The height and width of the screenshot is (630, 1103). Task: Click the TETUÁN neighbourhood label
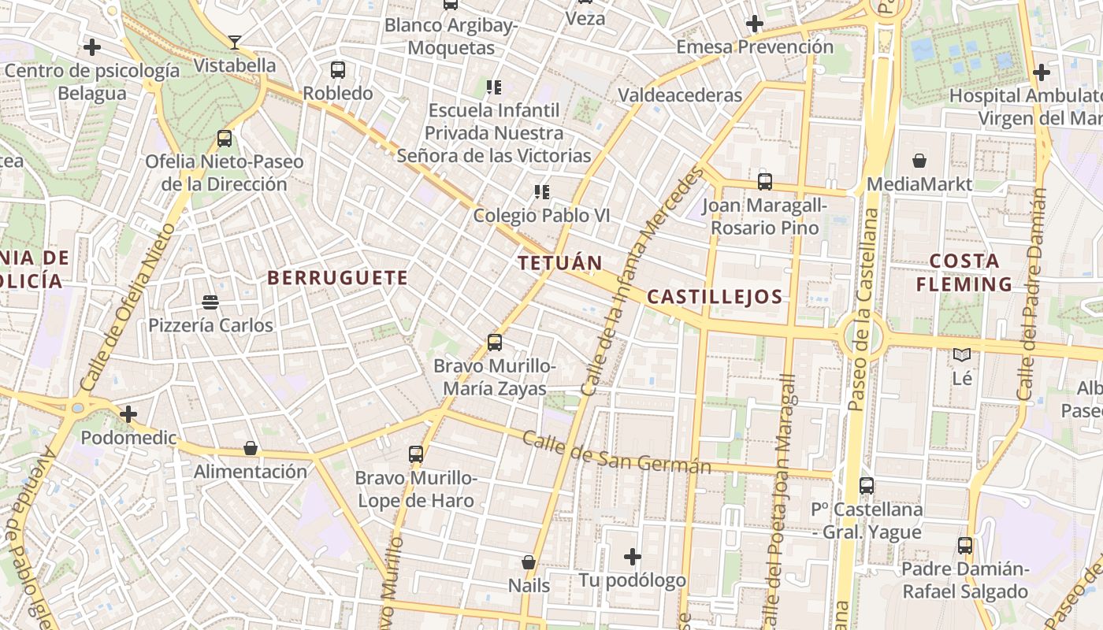pos(560,263)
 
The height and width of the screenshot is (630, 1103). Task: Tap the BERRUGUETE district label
pos(337,278)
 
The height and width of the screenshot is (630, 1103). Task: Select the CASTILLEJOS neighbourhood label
pos(715,297)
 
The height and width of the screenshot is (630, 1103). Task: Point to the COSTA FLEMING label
pos(964,272)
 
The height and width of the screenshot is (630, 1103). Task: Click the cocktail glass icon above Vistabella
pos(235,42)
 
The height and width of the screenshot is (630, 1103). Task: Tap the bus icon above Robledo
pos(338,70)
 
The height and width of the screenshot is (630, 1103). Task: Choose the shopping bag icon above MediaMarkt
pos(919,161)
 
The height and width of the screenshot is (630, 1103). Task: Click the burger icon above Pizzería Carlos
pos(210,302)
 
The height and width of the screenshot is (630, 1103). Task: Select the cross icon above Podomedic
pos(128,414)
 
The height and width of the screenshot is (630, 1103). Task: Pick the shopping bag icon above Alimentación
pos(251,448)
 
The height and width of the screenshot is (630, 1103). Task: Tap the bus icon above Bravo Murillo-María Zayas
pos(495,343)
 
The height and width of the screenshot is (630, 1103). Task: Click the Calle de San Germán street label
pos(616,454)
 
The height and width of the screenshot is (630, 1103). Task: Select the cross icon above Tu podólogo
pos(633,558)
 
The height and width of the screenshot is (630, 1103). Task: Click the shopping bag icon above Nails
pos(529,562)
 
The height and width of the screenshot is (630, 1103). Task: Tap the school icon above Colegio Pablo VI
pos(541,191)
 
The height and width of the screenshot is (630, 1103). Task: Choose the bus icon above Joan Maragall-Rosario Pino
pos(764,182)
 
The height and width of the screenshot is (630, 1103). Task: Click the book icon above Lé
pos(962,355)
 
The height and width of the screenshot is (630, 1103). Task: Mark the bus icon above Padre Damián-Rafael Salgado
pos(965,545)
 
